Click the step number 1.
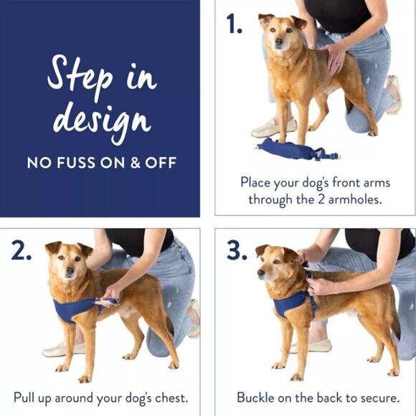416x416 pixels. click(x=234, y=24)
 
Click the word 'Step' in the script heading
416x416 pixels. click(x=80, y=75)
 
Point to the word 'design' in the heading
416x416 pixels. click(x=102, y=120)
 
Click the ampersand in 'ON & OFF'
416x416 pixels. click(x=135, y=163)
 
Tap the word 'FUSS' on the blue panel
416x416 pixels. click(x=75, y=163)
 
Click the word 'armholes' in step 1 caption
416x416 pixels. click(x=355, y=199)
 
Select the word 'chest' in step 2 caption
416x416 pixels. click(x=171, y=397)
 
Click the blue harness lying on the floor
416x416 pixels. click(x=298, y=149)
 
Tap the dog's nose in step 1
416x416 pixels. click(x=279, y=41)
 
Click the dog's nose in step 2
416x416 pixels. click(x=70, y=270)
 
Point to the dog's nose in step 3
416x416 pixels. click(x=260, y=273)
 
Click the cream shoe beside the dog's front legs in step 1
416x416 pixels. click(x=274, y=128)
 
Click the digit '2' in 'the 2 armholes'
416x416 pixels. click(x=321, y=199)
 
